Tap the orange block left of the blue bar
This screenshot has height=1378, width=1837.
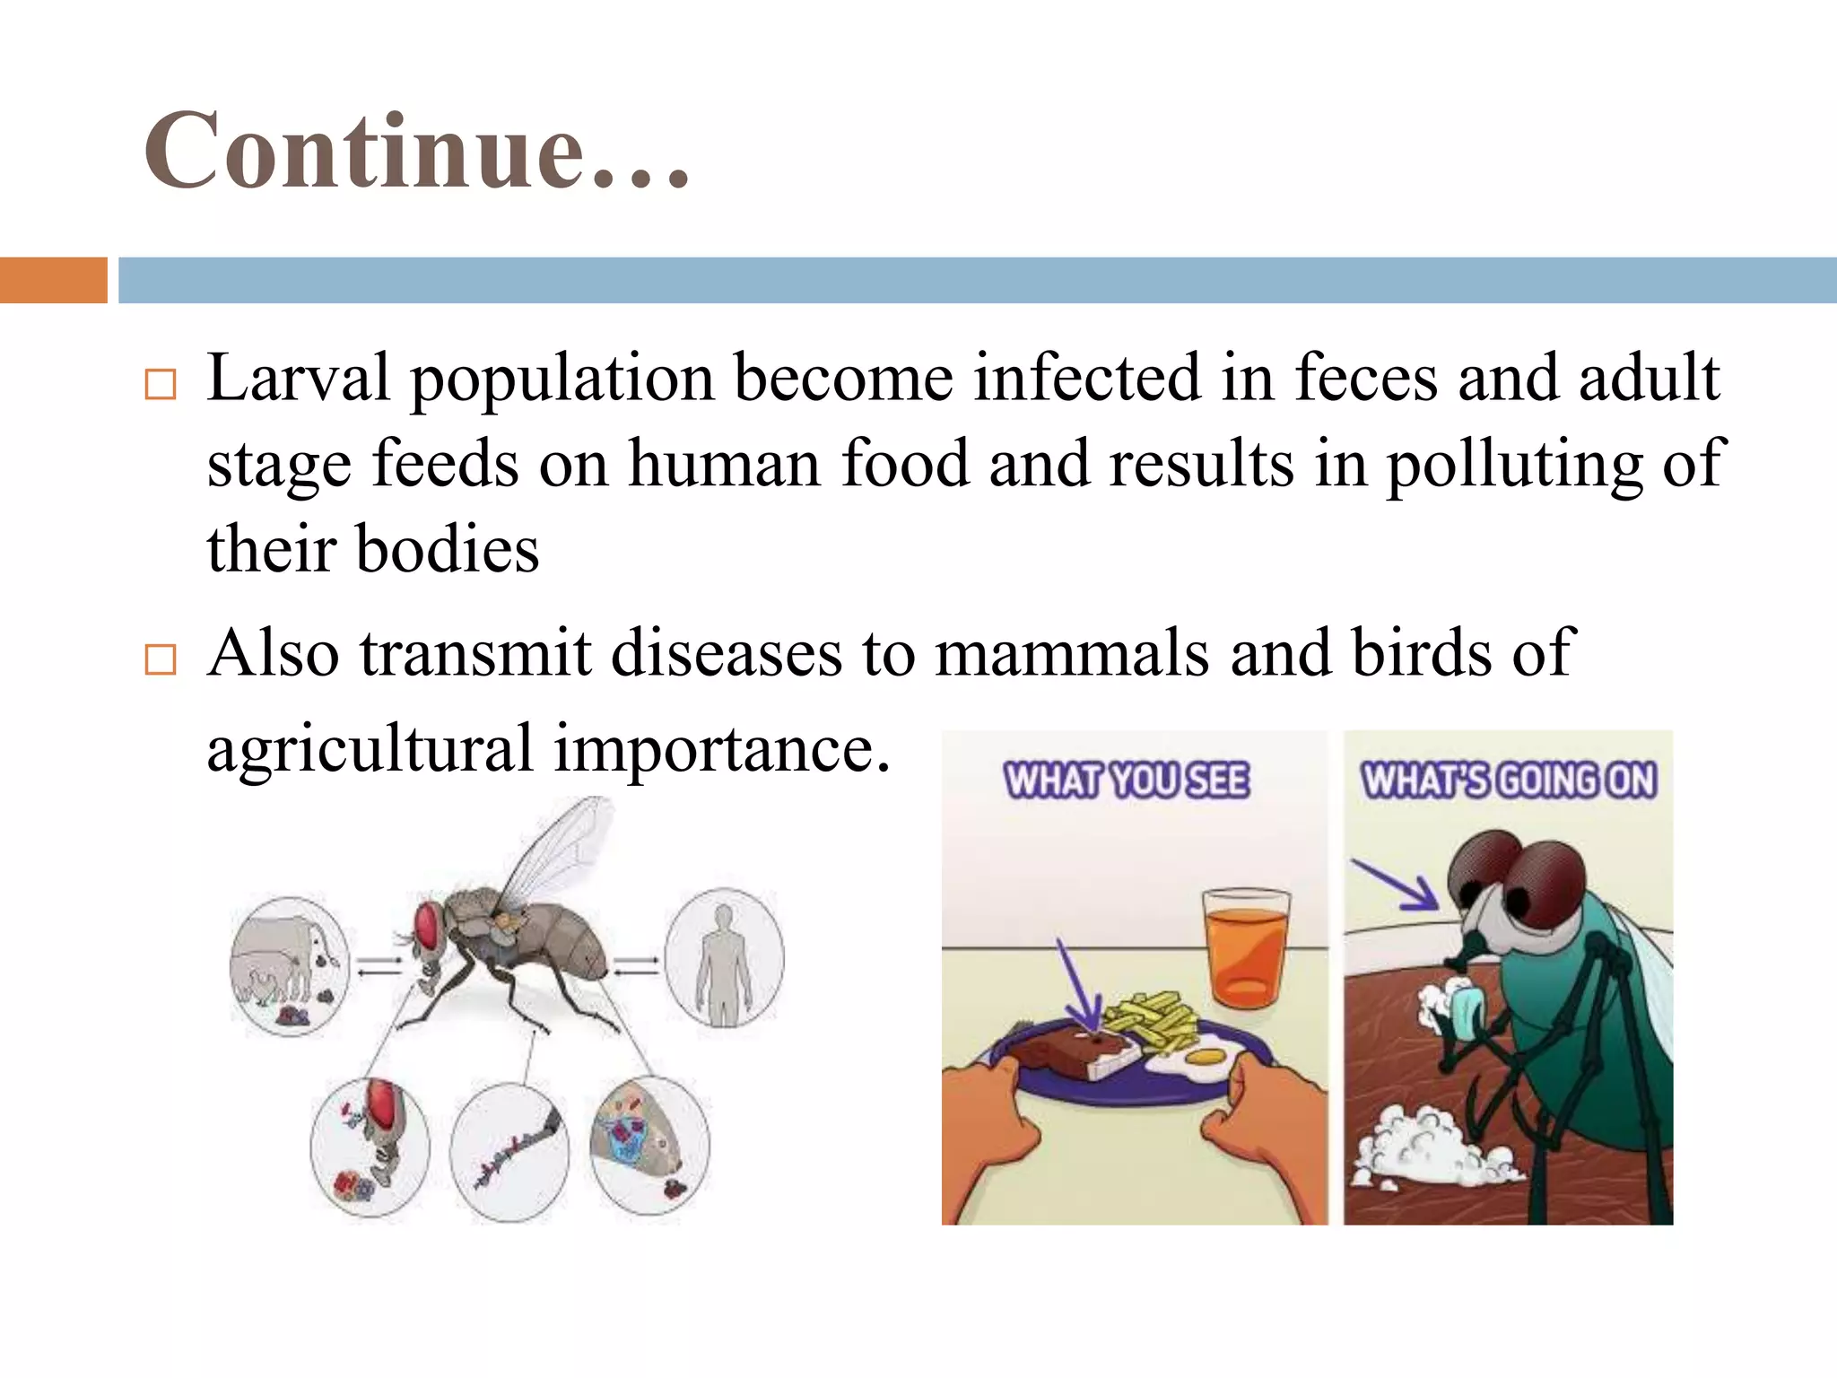click(x=53, y=280)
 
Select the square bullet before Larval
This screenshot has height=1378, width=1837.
click(x=160, y=384)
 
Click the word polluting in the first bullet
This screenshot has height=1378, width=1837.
click(x=1514, y=465)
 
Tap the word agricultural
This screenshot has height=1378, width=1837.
click(x=370, y=748)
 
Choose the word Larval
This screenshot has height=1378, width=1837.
click(x=299, y=378)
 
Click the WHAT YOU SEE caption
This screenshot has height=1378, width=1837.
click(x=1126, y=781)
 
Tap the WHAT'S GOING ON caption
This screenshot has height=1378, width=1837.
click(x=1509, y=781)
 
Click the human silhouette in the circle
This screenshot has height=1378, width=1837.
click(x=724, y=963)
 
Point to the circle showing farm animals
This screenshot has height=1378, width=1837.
click(x=289, y=966)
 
